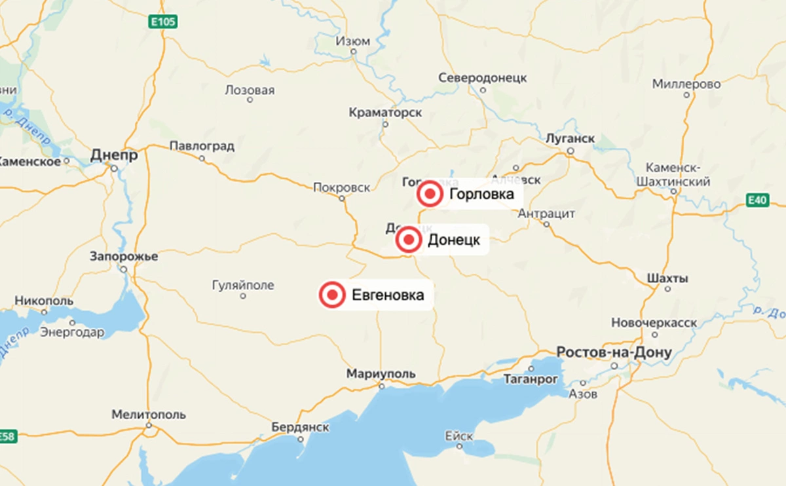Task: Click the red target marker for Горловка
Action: pyautogui.click(x=430, y=195)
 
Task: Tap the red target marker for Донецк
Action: pyautogui.click(x=409, y=240)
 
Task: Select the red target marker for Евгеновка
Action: pyautogui.click(x=332, y=295)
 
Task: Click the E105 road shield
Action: pyautogui.click(x=162, y=22)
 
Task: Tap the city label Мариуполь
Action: pyautogui.click(x=381, y=373)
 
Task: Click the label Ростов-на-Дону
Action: pyautogui.click(x=614, y=353)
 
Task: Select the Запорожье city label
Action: pyautogui.click(x=124, y=257)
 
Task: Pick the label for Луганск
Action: pyautogui.click(x=570, y=139)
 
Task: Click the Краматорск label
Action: pyautogui.click(x=385, y=113)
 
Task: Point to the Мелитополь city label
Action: pyautogui.click(x=149, y=415)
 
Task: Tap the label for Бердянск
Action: pyautogui.click(x=300, y=427)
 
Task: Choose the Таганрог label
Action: pyautogui.click(x=531, y=379)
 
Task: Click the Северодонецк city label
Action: pyautogui.click(x=483, y=77)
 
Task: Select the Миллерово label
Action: pyautogui.click(x=686, y=84)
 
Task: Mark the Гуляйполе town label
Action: pyautogui.click(x=243, y=286)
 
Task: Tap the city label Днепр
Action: pyautogui.click(x=114, y=156)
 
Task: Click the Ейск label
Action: pyautogui.click(x=458, y=435)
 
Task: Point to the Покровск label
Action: pyautogui.click(x=341, y=187)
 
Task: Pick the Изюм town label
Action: pyautogui.click(x=353, y=41)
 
